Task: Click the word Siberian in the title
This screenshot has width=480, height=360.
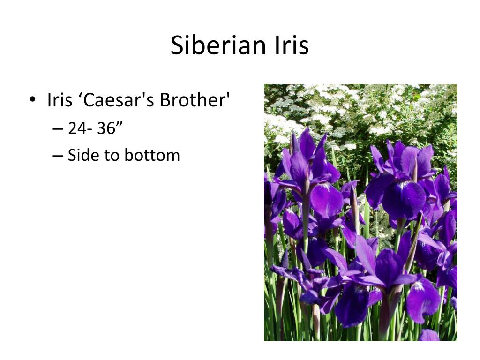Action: coord(218,45)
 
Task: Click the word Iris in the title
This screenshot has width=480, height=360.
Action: coord(292,45)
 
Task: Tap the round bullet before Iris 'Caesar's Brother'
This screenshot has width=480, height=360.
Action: coord(32,99)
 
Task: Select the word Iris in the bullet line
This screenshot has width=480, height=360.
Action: coord(60,100)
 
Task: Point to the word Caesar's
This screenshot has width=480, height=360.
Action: coord(117,100)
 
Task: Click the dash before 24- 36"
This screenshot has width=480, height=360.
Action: coord(58,129)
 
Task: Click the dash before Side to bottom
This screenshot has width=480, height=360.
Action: coord(58,156)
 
